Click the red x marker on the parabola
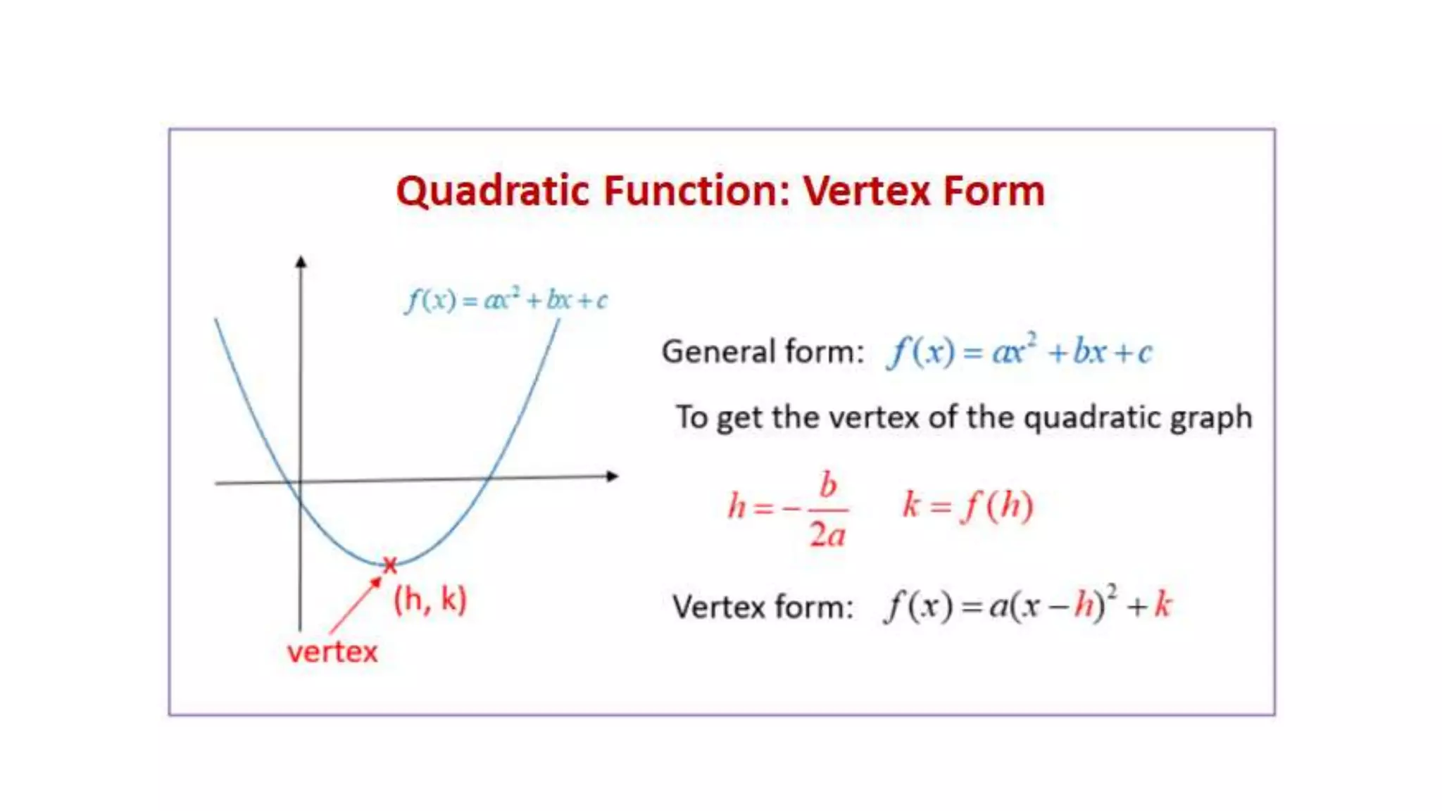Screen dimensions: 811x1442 point(389,564)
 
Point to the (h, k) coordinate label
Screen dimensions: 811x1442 point(430,600)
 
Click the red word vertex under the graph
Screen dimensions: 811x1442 point(332,652)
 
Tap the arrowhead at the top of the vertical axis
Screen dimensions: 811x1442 point(301,262)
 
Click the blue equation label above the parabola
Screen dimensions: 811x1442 point(506,300)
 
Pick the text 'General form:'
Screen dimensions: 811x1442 point(763,351)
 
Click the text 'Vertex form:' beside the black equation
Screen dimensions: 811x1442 point(763,607)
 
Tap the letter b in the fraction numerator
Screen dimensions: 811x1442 point(828,485)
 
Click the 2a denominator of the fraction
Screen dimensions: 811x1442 point(827,535)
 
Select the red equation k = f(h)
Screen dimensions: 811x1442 point(967,505)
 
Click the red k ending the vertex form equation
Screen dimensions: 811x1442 point(1162,605)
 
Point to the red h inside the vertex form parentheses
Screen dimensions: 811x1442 point(1085,605)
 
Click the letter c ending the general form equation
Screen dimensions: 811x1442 point(1145,352)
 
